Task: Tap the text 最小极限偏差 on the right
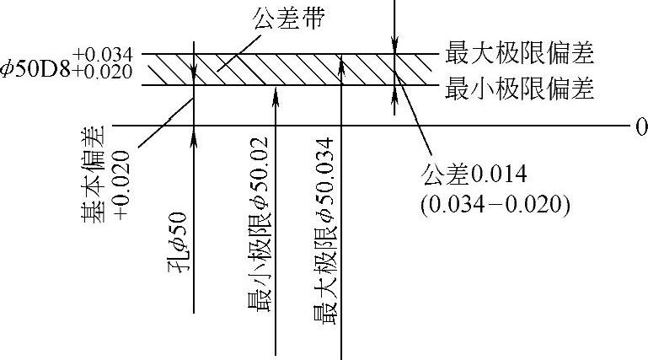pyautogui.click(x=520, y=87)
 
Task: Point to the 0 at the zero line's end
pyautogui.click(x=641, y=126)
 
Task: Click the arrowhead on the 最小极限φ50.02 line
pyautogui.click(x=276, y=92)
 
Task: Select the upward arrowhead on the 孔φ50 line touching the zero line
pyautogui.click(x=194, y=133)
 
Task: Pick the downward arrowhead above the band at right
pyautogui.click(x=394, y=47)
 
